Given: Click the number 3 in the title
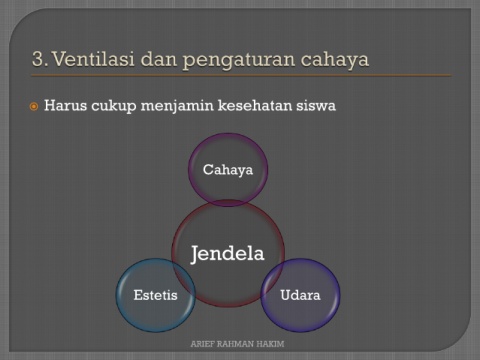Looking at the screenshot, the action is [x=38, y=59].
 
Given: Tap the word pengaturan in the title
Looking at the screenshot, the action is [x=239, y=60].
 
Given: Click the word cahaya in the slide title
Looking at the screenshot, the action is [x=335, y=60].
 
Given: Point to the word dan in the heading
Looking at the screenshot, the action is [x=159, y=59].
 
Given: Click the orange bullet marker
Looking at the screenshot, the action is [x=34, y=107].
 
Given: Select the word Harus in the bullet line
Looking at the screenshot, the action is [x=66, y=105].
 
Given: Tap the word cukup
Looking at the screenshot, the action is [x=114, y=107].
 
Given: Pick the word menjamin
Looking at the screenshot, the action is [x=177, y=107].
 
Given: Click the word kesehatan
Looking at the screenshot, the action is [x=255, y=105].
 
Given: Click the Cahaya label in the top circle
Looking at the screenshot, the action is [x=228, y=170].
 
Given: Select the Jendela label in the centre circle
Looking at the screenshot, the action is [x=228, y=254].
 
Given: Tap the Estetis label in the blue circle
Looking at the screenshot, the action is [x=155, y=295].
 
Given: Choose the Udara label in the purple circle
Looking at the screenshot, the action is [x=300, y=295].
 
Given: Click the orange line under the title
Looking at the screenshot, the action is [x=241, y=76].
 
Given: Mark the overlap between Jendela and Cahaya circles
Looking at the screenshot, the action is [x=228, y=203].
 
